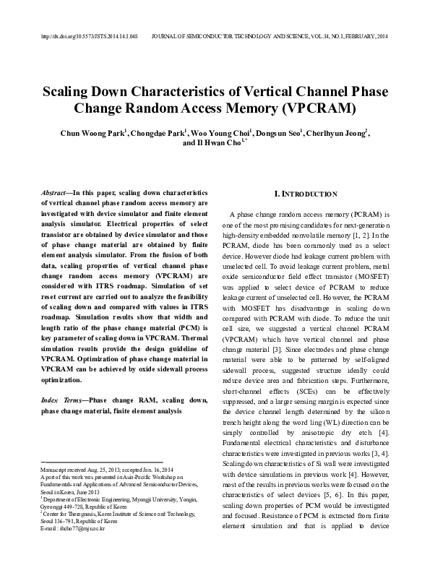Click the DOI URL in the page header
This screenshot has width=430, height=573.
[x=90, y=35]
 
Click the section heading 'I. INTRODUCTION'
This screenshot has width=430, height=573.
[x=306, y=194]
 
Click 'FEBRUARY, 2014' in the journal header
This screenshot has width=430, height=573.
[x=366, y=35]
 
